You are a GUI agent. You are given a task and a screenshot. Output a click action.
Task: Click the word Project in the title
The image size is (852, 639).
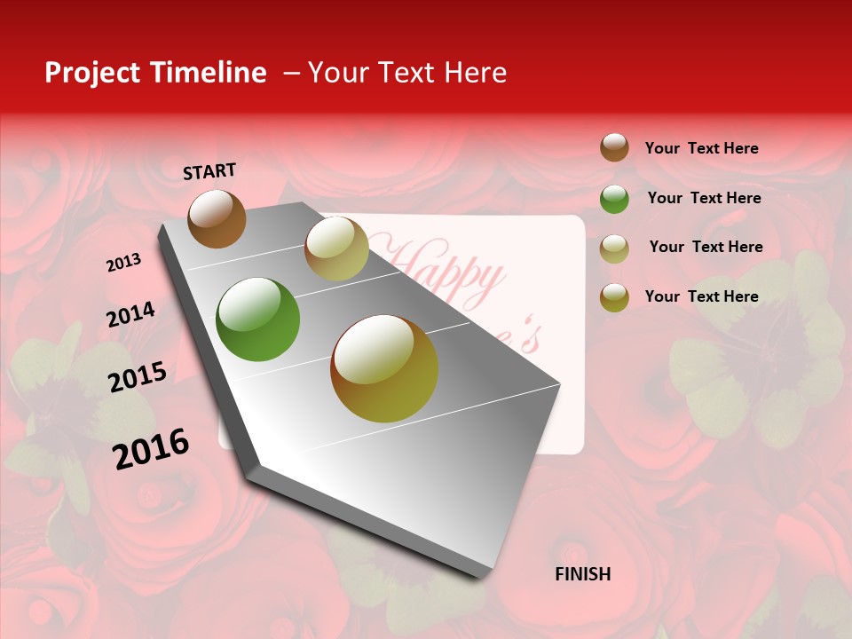tap(92, 73)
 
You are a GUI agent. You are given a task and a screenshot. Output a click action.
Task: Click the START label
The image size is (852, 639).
tap(209, 171)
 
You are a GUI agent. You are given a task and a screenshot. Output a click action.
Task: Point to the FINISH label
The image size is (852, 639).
tap(582, 574)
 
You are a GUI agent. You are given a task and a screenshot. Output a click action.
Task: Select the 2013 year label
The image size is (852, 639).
tap(123, 263)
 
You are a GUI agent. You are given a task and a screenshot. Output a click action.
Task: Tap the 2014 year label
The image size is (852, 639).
tap(130, 314)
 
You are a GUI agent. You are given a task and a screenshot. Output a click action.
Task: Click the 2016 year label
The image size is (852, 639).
tap(151, 449)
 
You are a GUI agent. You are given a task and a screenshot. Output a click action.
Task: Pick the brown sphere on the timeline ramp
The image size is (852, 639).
tap(217, 218)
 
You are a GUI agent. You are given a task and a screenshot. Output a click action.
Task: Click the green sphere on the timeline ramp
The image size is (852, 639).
tap(257, 319)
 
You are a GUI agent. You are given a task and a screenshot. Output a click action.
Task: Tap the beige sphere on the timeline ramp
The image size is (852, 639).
tap(336, 248)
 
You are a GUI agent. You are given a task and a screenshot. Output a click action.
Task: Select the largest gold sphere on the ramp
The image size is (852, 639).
tap(384, 368)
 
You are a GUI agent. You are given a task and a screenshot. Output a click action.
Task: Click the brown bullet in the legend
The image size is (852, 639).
tap(614, 147)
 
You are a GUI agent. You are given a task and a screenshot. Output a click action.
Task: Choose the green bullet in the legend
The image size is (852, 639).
tap(614, 199)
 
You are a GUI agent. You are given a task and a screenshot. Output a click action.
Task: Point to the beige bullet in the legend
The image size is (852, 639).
tap(614, 248)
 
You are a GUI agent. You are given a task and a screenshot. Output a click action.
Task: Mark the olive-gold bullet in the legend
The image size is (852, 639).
tap(614, 297)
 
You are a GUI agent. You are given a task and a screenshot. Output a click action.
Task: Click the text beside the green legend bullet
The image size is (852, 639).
tap(704, 198)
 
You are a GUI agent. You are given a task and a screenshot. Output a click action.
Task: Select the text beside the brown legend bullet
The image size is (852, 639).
tap(701, 148)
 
